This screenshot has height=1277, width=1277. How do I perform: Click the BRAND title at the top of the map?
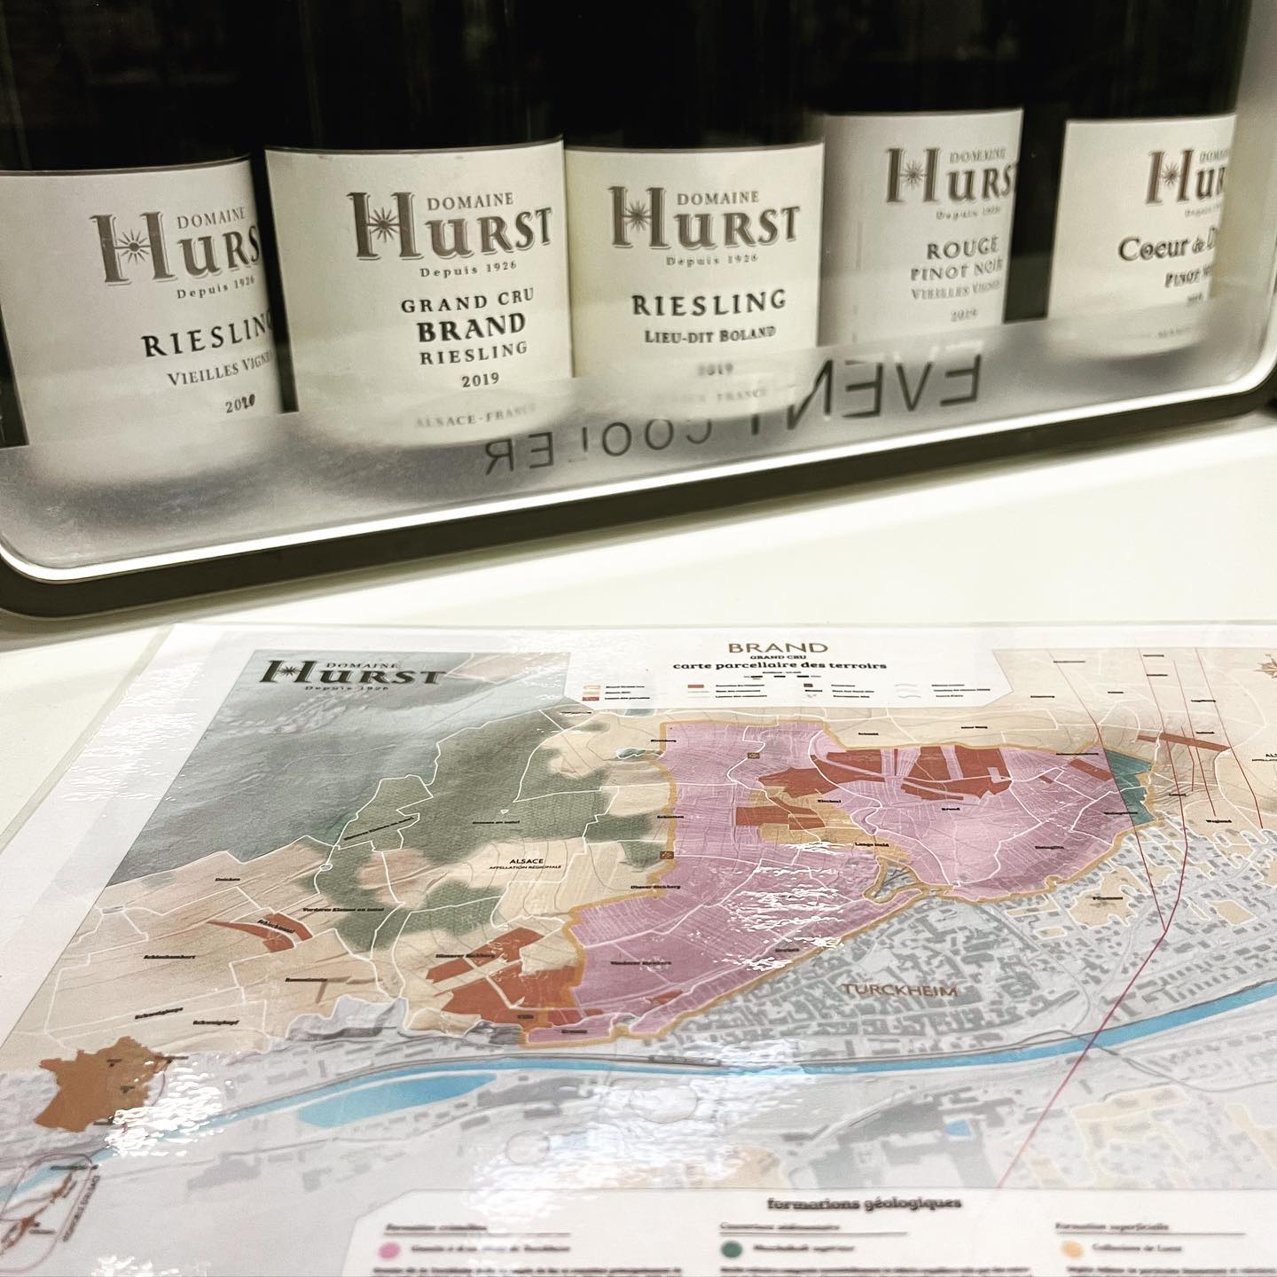[x=776, y=648]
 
